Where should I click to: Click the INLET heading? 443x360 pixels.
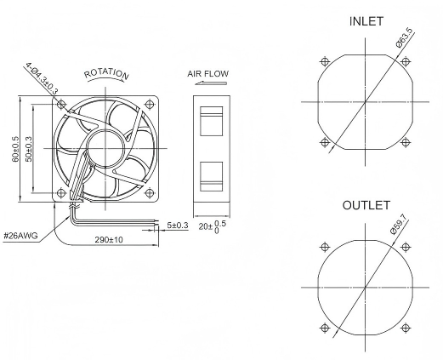(x=366, y=21)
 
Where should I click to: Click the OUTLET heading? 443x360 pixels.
(x=366, y=205)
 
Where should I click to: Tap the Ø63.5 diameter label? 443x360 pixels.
(x=405, y=38)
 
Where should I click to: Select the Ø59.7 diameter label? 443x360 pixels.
(x=399, y=224)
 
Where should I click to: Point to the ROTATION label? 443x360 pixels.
(x=106, y=74)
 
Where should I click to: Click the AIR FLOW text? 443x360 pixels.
(x=207, y=74)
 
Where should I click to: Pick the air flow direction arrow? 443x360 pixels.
(x=211, y=83)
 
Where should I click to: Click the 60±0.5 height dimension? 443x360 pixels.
(x=15, y=149)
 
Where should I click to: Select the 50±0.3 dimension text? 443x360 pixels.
(x=29, y=149)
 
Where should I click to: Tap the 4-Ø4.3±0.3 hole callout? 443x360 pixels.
(x=42, y=78)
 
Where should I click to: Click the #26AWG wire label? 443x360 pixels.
(x=20, y=236)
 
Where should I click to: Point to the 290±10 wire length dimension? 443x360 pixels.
(x=109, y=240)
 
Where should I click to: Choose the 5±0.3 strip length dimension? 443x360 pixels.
(x=178, y=226)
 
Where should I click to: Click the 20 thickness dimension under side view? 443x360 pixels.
(x=213, y=226)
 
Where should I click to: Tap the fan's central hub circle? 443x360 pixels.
(x=105, y=148)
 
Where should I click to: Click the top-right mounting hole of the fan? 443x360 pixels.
(x=149, y=104)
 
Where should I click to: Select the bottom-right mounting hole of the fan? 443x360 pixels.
(x=149, y=193)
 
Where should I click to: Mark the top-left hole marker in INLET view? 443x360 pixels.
(x=325, y=61)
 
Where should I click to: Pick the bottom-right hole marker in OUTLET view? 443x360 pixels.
(x=406, y=329)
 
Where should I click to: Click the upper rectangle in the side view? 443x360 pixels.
(x=211, y=121)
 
